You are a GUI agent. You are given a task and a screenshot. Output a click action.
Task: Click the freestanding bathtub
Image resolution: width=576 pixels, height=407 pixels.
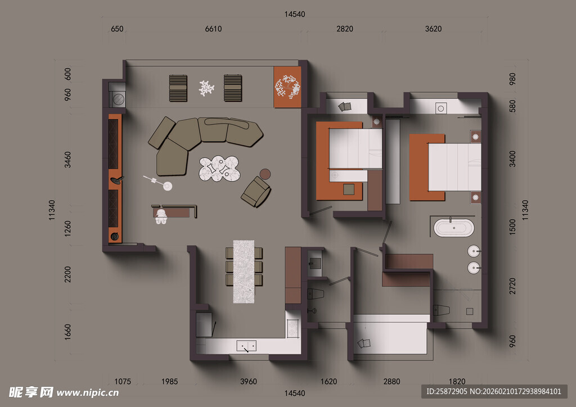point(454,228)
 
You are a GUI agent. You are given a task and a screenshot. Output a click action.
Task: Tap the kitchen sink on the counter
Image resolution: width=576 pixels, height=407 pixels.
point(246,346)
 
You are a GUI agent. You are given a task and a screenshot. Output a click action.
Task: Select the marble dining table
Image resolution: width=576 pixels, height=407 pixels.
point(244,272)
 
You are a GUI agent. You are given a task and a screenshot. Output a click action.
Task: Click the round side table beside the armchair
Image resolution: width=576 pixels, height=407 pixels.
point(265,174)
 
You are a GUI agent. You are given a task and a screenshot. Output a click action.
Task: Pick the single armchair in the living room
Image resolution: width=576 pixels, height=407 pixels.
point(256,192)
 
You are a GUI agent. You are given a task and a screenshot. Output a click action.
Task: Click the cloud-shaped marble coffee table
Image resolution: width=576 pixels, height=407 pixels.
point(219,169)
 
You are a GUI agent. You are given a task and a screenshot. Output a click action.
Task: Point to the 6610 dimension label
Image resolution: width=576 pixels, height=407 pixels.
point(213,29)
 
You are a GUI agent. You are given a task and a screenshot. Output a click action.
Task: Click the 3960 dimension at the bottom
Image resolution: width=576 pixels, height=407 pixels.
point(248,381)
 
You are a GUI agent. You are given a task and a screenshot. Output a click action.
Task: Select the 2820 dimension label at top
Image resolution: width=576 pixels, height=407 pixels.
point(345,29)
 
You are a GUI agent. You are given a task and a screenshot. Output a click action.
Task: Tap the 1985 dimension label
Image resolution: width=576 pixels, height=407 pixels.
point(170,381)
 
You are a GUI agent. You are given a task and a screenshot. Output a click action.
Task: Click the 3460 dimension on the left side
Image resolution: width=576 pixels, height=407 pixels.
point(67,160)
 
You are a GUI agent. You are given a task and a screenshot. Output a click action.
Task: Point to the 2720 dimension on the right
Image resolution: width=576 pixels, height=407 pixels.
point(512,286)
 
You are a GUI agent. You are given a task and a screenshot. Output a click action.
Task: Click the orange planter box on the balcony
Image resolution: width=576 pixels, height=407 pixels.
point(287,87)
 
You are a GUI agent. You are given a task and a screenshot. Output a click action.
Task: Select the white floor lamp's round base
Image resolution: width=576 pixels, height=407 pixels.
point(168,187)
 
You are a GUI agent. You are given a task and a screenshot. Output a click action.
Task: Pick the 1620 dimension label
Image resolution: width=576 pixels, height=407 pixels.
point(328,381)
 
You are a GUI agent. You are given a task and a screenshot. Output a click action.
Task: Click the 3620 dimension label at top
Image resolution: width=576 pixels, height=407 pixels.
point(433,29)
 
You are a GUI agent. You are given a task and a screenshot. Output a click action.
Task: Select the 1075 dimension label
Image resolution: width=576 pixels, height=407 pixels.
point(122,381)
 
